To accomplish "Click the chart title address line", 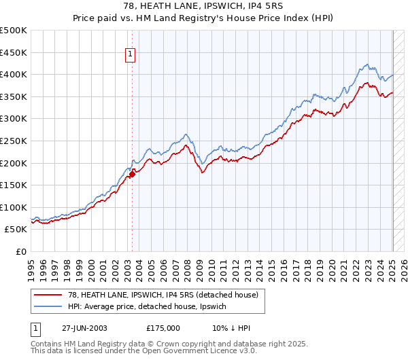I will [204, 6].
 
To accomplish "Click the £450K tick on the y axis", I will [14, 52].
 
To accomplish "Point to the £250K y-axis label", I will [14, 141].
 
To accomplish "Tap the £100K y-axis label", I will [14, 207].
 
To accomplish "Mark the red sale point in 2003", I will [132, 174].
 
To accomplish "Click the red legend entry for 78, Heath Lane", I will [163, 295].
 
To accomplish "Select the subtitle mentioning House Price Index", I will [204, 18].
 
